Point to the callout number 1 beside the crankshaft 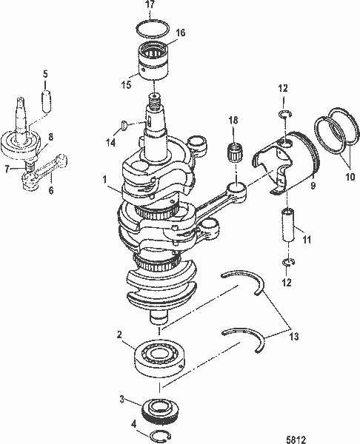point(106,179)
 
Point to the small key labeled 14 point(124,124)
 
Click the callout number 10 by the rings point(349,178)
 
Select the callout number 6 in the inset point(51,189)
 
